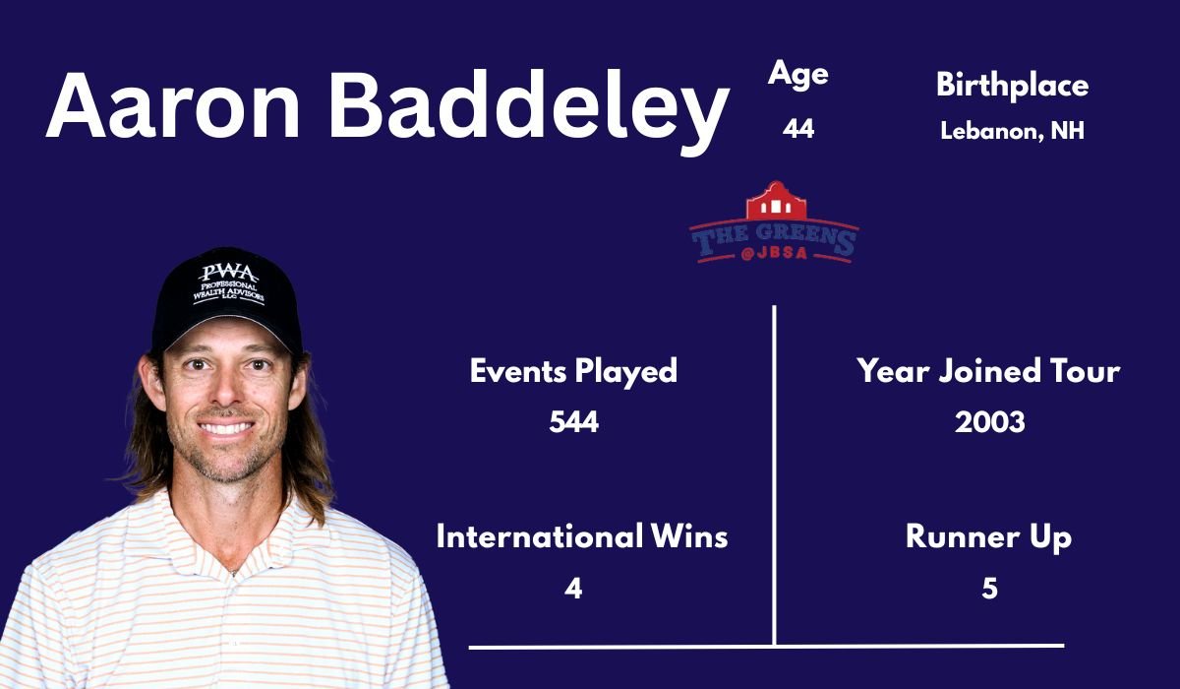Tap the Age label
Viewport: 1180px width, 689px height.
click(798, 75)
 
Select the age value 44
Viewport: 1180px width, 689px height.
click(798, 129)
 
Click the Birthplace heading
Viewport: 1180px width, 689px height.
click(1012, 86)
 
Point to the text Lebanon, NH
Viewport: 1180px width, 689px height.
click(1012, 131)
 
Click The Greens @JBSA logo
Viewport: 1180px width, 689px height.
click(774, 223)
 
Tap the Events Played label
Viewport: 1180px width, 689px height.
click(573, 371)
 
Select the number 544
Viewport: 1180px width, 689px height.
click(573, 422)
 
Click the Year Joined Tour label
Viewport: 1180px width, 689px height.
click(988, 371)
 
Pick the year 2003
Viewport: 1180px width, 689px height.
click(989, 422)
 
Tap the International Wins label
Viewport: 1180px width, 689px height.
click(582, 537)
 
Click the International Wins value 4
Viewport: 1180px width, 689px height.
click(573, 589)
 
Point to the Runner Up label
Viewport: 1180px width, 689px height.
click(988, 537)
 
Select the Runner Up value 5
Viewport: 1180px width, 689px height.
click(989, 589)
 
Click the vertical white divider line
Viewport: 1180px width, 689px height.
click(775, 472)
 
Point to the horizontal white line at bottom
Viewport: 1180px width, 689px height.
click(767, 647)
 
